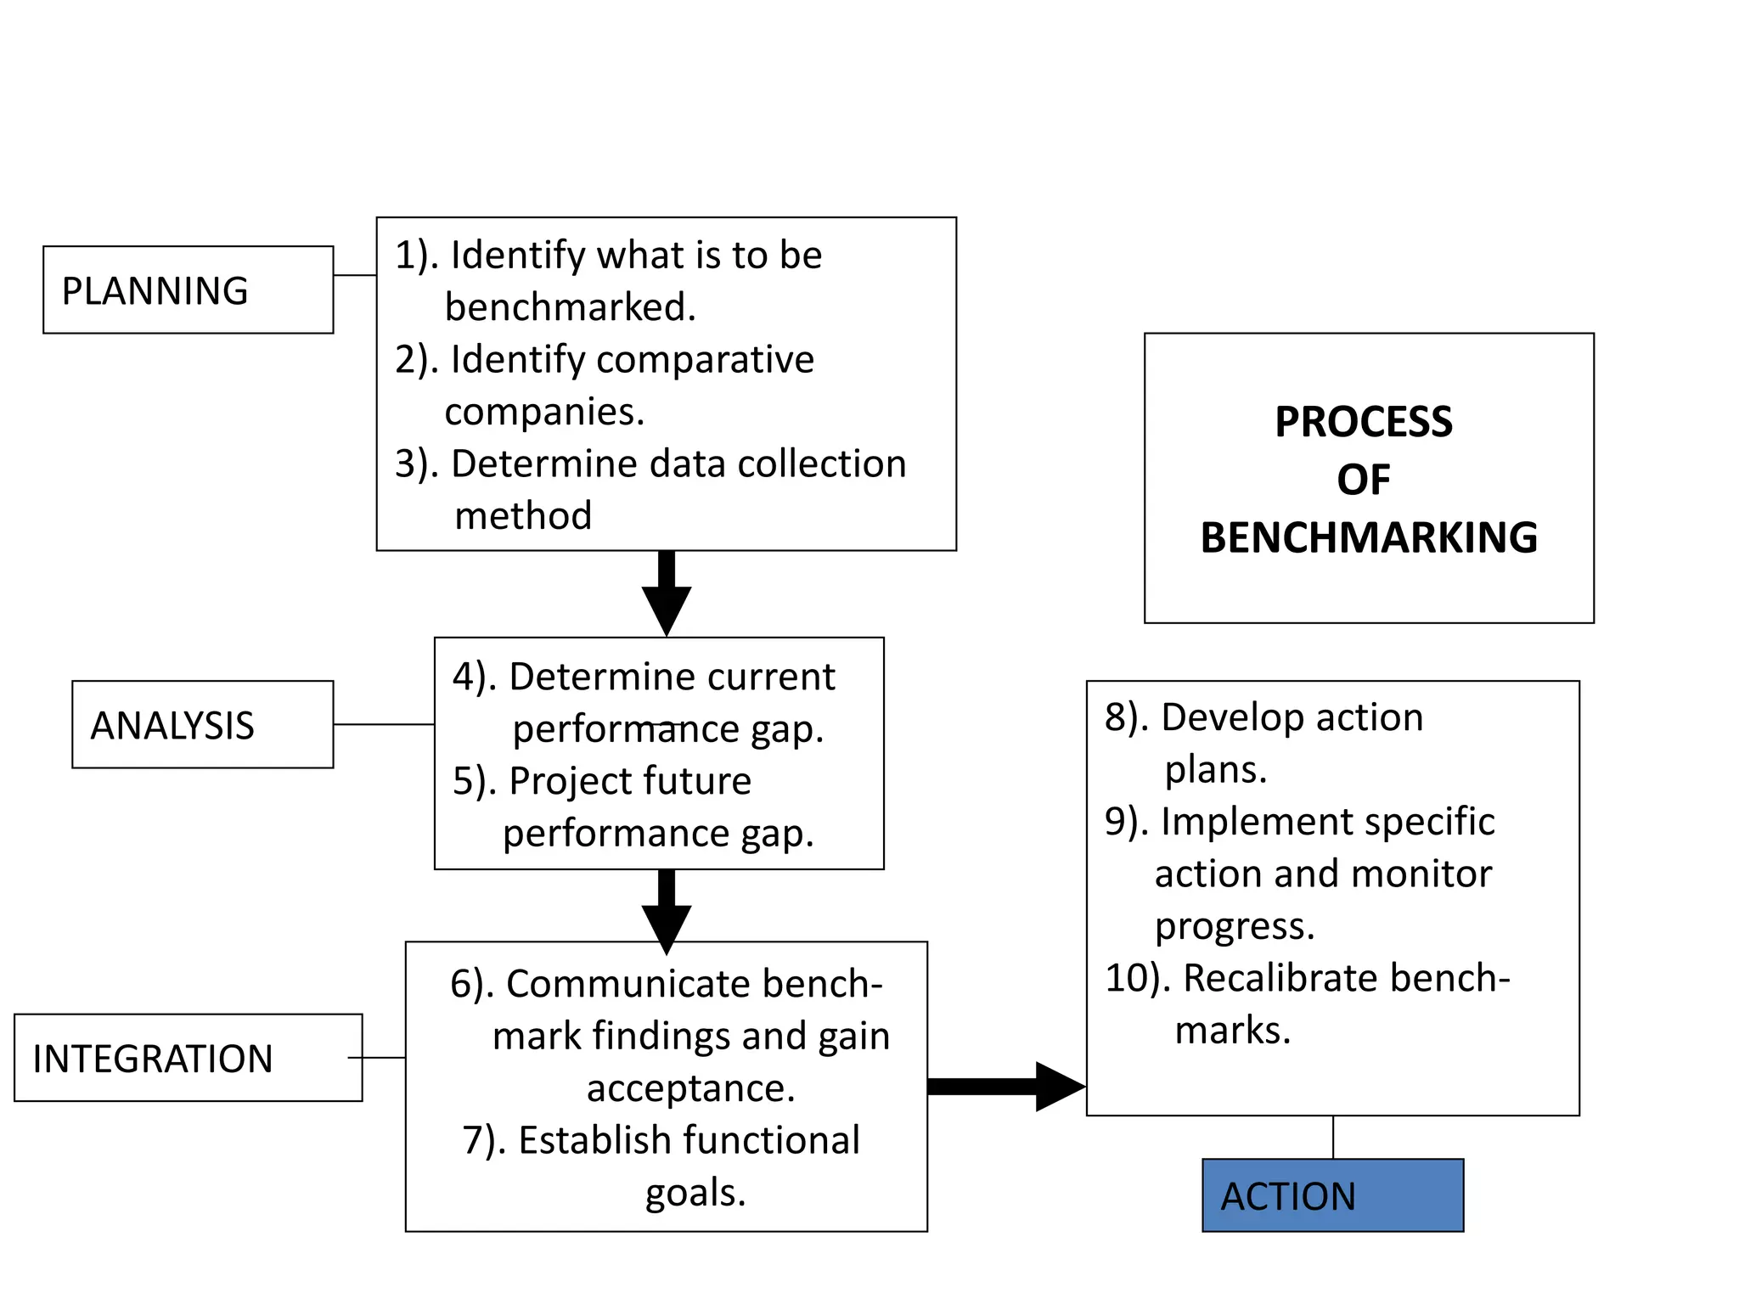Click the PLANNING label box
(188, 289)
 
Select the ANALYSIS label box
(202, 724)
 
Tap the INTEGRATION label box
(188, 1057)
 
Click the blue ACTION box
(1332, 1194)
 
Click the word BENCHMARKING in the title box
(1368, 537)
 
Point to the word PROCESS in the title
(1363, 422)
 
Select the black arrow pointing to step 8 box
(1006, 1086)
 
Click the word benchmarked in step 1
(569, 307)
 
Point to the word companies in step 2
(543, 413)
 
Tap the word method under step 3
(523, 516)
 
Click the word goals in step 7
(695, 1193)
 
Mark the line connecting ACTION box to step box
(1332, 1137)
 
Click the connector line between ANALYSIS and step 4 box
(383, 724)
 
